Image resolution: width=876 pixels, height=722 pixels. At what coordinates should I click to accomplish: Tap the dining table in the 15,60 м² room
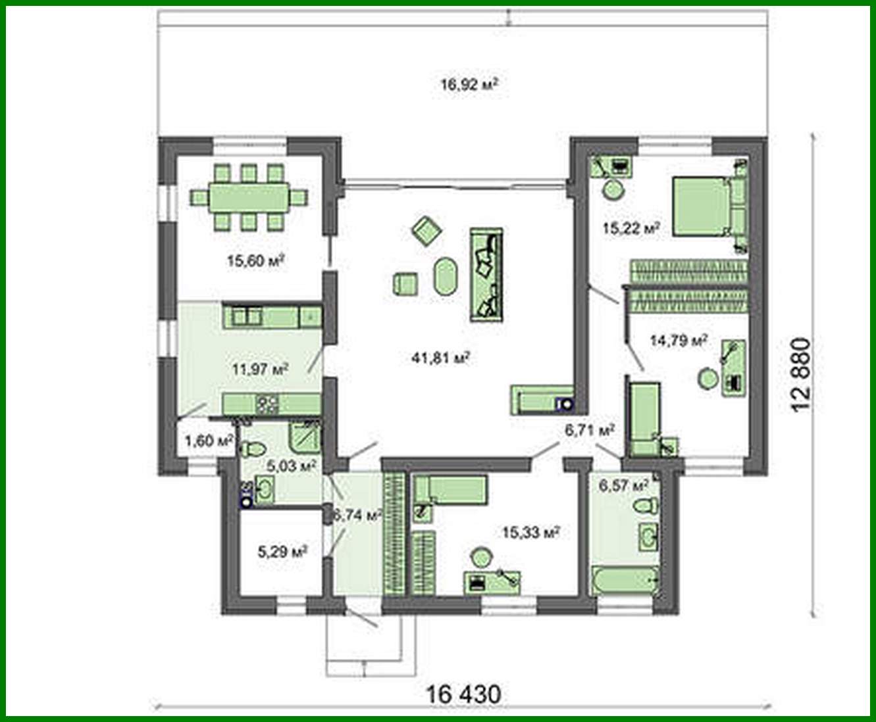(248, 197)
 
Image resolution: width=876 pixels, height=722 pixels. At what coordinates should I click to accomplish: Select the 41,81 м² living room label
(440, 358)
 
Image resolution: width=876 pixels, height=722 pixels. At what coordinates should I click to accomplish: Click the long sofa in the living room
(486, 275)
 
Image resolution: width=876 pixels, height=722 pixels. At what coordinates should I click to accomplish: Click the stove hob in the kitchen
(268, 404)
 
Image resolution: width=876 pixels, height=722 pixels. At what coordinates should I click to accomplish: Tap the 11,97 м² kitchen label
(260, 369)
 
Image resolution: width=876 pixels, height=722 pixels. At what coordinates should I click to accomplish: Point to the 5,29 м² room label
(282, 552)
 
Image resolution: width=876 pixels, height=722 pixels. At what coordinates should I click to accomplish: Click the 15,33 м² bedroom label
(530, 533)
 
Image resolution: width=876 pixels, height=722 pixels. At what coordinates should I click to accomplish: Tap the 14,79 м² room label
(678, 341)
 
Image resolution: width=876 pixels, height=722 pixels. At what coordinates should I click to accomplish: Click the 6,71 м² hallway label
(589, 431)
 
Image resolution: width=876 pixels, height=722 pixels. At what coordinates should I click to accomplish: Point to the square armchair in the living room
(406, 284)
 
